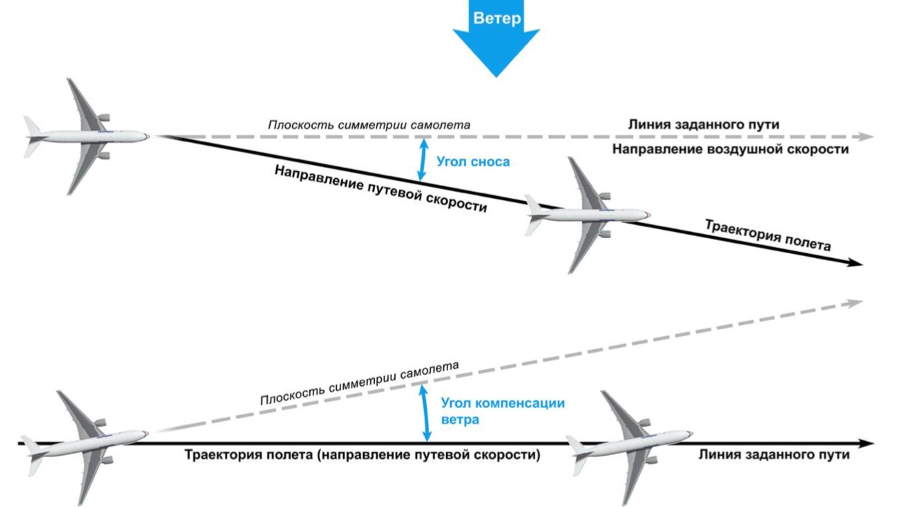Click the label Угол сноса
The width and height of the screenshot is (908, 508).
473,162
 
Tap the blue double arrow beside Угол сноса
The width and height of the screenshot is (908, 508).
421,159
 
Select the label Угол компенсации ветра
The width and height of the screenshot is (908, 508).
502,411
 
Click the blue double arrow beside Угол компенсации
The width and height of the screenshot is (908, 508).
426,413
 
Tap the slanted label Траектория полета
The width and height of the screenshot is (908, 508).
766,235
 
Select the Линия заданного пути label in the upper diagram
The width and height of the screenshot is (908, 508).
703,125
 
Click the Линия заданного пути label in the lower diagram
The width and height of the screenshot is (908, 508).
773,456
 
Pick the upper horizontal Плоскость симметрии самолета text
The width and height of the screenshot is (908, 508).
369,126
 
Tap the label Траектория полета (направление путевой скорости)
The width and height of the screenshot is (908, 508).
362,456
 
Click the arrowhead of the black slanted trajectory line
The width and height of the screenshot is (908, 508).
856,264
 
